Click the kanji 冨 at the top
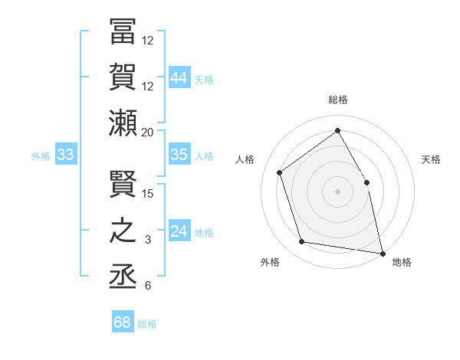pos(123,33)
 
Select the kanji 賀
pos(123,77)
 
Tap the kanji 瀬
pos(123,123)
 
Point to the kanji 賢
pos(123,185)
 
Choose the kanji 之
pos(123,230)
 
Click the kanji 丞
pos(123,276)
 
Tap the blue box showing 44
pos(179,77)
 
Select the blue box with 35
pos(179,155)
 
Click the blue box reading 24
pos(179,231)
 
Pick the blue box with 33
pos(66,155)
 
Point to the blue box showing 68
pos(123,322)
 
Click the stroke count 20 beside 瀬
pos(148,133)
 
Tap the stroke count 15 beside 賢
pos(148,194)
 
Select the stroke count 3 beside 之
pos(148,240)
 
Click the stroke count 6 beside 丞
pos(148,286)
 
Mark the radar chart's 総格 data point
pos(337,130)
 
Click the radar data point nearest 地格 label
pos(382,253)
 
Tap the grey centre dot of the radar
pos(337,191)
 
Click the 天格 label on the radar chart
pos(432,159)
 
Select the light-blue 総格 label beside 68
pos(147,324)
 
